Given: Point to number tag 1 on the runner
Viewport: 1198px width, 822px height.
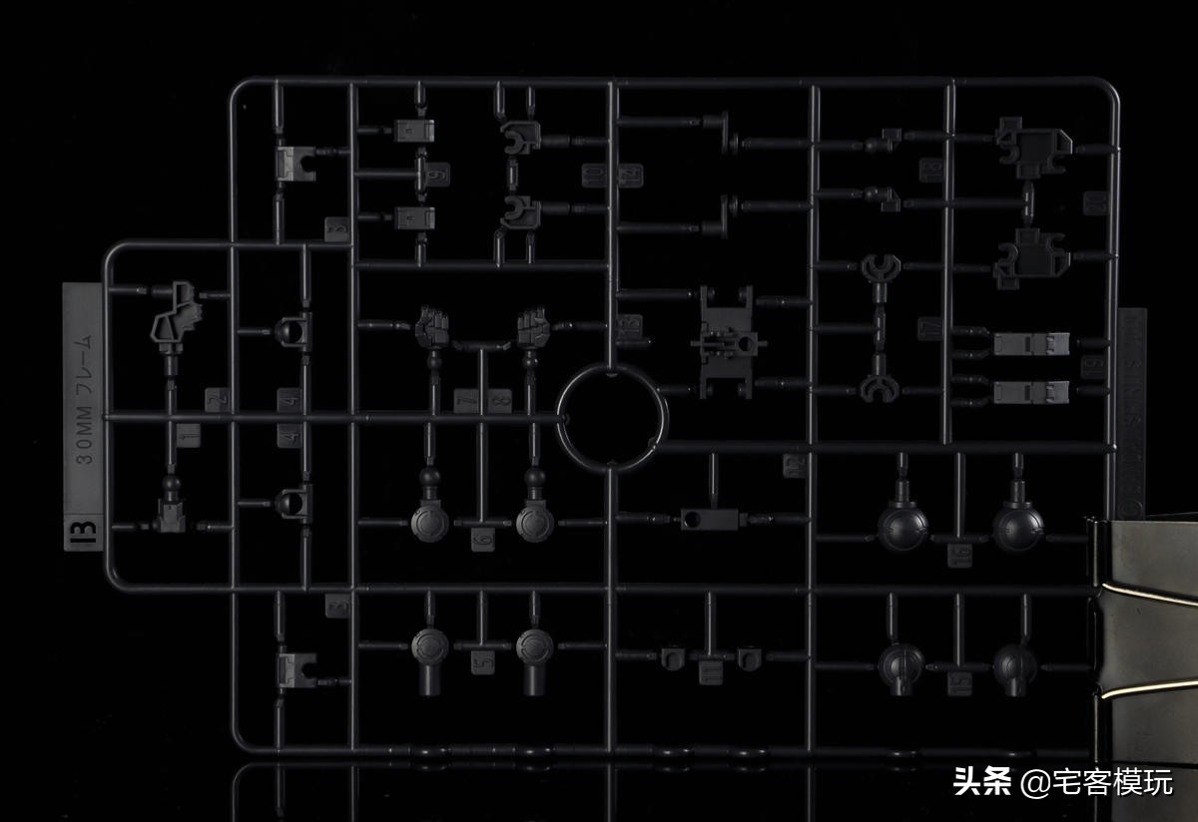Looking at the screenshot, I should [x=188, y=436].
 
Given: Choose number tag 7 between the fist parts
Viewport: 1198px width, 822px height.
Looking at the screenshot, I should [x=466, y=401].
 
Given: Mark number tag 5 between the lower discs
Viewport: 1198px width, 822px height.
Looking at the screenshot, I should [x=483, y=660].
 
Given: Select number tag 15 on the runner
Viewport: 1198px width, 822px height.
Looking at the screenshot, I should [x=959, y=683].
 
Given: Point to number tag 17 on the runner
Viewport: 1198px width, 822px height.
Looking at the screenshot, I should [x=930, y=328].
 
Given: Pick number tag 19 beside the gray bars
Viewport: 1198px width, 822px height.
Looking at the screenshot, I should [x=1092, y=366].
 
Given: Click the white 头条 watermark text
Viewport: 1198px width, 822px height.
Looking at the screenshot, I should [x=982, y=781].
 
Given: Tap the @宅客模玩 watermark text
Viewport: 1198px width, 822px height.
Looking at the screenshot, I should [x=1096, y=782].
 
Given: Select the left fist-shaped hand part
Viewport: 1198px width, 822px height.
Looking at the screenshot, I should [x=432, y=327].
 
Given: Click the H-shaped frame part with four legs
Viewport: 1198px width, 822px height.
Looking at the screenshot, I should [x=727, y=340].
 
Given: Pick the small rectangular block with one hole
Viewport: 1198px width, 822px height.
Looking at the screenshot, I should [x=708, y=519].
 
